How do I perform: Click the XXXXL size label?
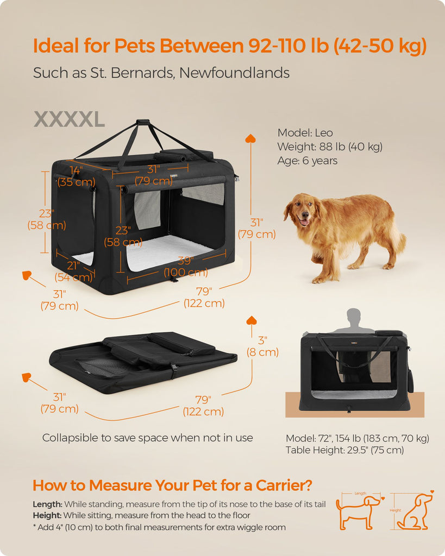(69, 119)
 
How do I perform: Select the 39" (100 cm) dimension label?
(186, 267)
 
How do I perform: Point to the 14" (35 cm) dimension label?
(76, 176)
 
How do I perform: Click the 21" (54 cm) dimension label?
(73, 271)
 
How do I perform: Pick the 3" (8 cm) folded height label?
(262, 346)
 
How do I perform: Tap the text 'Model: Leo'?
(305, 133)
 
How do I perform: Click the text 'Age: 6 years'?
(308, 161)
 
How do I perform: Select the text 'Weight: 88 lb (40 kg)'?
(330, 147)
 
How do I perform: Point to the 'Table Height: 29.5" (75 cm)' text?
(345, 450)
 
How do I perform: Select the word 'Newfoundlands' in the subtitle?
(234, 73)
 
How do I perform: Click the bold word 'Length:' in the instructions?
(48, 504)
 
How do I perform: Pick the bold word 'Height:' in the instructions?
(47, 515)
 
